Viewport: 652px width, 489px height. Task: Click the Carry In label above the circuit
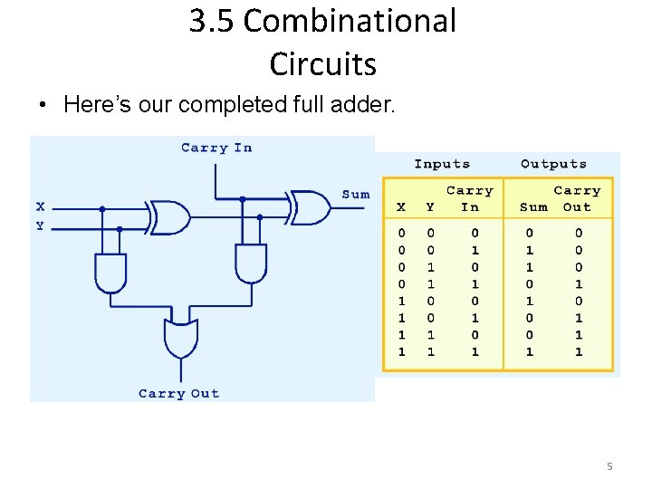(216, 148)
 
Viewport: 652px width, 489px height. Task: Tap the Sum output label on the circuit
(356, 194)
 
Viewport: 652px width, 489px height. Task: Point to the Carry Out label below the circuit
(178, 393)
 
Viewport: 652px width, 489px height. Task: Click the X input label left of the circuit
(40, 206)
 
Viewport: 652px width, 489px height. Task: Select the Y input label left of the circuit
(40, 225)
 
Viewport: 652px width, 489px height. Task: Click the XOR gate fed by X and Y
(168, 217)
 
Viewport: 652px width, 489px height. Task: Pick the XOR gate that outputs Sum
(309, 207)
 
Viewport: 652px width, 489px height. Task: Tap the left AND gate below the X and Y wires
(111, 272)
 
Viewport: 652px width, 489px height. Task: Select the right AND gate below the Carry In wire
(251, 263)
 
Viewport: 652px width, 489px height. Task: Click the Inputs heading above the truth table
(442, 164)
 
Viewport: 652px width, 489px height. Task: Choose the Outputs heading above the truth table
(553, 164)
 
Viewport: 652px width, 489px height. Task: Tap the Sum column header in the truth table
(533, 206)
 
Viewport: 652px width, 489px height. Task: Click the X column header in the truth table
(402, 206)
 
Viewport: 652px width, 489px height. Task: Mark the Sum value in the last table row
(530, 351)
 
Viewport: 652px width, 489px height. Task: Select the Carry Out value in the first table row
(578, 233)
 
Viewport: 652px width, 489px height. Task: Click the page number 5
(609, 466)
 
